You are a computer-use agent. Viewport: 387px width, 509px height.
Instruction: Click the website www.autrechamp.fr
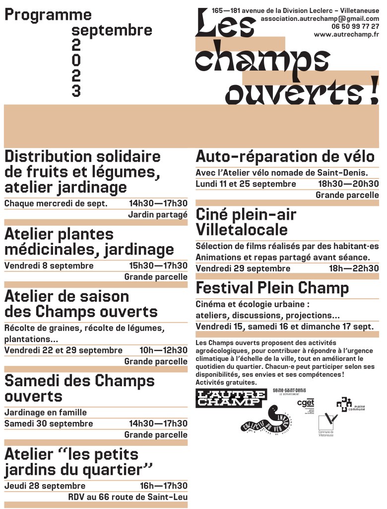[x=346, y=34]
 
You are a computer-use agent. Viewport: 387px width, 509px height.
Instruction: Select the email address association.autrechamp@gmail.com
[x=320, y=18]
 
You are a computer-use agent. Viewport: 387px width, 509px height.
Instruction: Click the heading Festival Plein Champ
[x=272, y=288]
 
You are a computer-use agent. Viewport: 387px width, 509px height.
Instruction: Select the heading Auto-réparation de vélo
[x=285, y=157]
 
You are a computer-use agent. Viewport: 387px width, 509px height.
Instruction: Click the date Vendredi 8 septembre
[x=49, y=265]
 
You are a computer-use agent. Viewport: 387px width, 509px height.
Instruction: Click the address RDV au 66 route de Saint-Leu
[x=128, y=497]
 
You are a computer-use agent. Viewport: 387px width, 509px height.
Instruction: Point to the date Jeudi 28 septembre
[x=45, y=486]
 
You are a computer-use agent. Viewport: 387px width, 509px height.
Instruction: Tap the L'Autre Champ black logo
[x=228, y=399]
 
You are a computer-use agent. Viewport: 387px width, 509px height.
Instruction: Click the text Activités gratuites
[x=226, y=382]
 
